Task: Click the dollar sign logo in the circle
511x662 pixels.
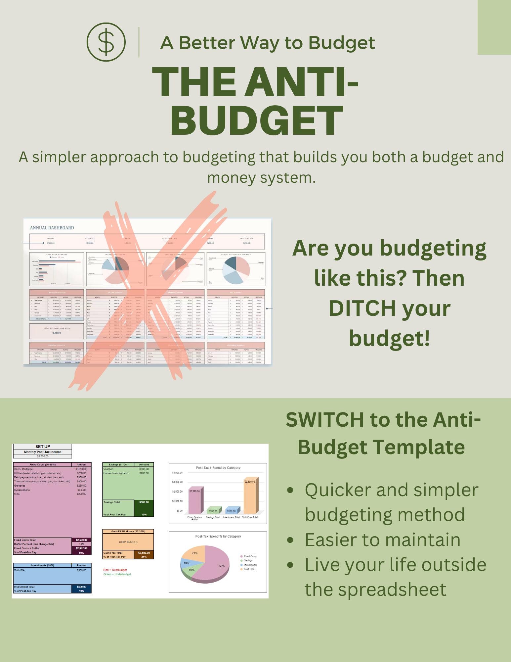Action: coord(106,42)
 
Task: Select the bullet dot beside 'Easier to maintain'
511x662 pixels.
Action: coord(290,540)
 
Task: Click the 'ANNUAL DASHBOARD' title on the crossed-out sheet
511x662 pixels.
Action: coord(52,228)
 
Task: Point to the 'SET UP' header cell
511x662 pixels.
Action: coord(43,447)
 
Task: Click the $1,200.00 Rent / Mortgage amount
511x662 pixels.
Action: coord(81,469)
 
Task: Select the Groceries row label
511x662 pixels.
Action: coord(20,486)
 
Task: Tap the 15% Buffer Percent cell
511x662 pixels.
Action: coord(81,544)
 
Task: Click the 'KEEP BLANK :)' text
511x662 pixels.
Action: coord(128,542)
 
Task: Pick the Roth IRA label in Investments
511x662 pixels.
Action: coord(19,570)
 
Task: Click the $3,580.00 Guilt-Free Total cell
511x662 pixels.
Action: coord(144,553)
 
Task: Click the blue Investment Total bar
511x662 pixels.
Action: coord(231,510)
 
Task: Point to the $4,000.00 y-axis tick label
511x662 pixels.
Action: coord(177,473)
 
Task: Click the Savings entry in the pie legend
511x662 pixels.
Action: coord(248,560)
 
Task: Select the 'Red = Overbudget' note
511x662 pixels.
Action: coord(115,570)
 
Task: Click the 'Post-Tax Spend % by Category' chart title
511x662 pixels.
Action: coord(218,536)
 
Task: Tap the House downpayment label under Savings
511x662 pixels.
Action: coord(115,473)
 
